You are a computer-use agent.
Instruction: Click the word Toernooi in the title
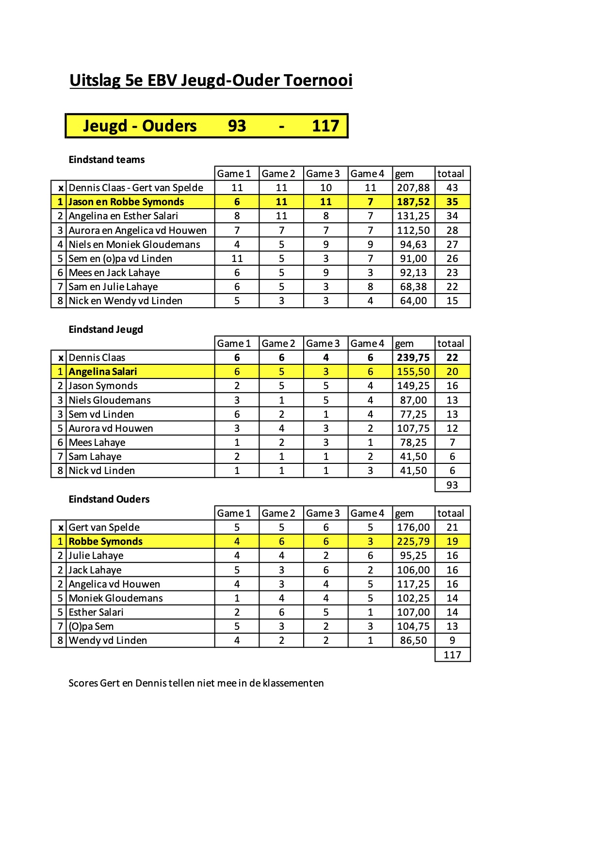(x=317, y=81)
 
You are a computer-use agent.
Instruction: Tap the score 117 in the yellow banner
(x=325, y=126)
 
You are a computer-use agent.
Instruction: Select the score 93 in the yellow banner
(x=237, y=126)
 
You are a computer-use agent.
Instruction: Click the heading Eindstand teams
(x=107, y=160)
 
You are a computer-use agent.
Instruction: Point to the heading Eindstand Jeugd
(x=106, y=329)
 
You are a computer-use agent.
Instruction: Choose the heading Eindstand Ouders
(x=109, y=499)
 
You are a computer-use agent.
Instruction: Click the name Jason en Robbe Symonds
(x=126, y=202)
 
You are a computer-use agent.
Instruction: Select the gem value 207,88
(x=413, y=188)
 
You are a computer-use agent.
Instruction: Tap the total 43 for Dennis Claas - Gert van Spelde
(x=452, y=188)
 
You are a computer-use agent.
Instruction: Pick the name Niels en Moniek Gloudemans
(x=134, y=245)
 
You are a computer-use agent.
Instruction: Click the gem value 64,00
(x=413, y=301)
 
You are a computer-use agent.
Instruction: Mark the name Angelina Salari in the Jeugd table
(x=103, y=372)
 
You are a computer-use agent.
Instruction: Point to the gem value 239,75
(x=413, y=358)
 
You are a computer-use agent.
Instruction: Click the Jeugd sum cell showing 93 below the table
(x=452, y=485)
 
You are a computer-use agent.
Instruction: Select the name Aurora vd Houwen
(x=111, y=428)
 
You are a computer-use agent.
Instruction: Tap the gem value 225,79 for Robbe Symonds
(x=413, y=541)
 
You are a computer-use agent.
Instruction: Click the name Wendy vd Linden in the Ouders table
(x=108, y=640)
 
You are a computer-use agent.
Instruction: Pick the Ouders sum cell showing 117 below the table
(x=452, y=655)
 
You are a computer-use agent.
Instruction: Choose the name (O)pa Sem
(x=91, y=626)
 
